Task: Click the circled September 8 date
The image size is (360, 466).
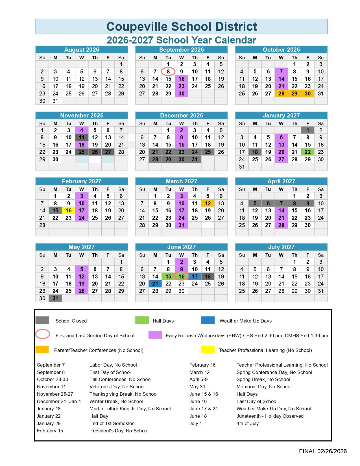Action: [168, 72]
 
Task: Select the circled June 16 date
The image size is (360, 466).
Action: [181, 276]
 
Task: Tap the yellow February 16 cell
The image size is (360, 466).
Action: [69, 211]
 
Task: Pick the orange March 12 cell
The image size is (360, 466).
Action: [208, 203]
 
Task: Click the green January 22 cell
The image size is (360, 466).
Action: [307, 152]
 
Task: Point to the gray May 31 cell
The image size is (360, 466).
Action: [55, 298]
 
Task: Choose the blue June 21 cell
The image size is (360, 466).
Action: [155, 284]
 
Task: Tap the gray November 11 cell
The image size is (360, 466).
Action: [82, 138]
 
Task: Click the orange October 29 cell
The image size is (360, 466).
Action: [294, 93]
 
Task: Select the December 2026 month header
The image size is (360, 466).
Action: [182, 116]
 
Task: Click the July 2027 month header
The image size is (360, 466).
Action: [281, 247]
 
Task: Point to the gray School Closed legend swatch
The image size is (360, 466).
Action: [42, 320]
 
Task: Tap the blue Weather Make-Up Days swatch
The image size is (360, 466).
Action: [208, 320]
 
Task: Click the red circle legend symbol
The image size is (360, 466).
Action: [43, 334]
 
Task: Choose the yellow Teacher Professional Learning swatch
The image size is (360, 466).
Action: [208, 350]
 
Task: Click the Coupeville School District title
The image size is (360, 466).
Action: [182, 27]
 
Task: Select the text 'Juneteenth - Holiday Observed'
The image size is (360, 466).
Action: [270, 416]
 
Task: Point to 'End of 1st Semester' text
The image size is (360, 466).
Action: [112, 423]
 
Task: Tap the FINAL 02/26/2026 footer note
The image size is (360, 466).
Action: [323, 451]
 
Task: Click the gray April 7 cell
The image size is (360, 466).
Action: [281, 203]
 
